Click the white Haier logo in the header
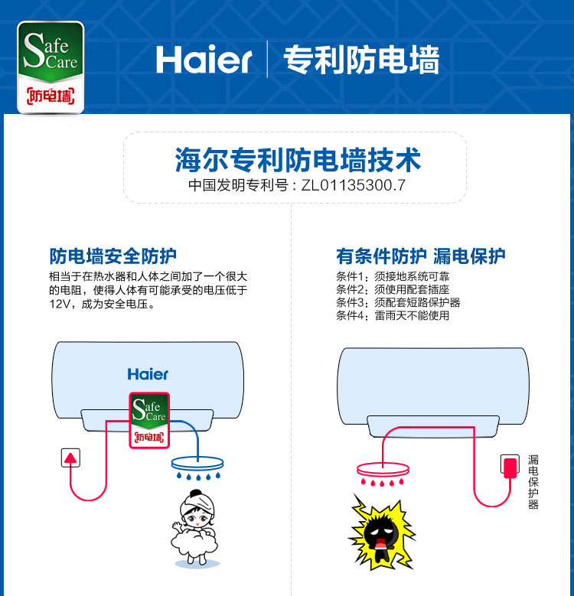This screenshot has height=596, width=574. click(x=204, y=60)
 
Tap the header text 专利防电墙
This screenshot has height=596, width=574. click(x=361, y=60)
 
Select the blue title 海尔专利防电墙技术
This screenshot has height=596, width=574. click(x=298, y=160)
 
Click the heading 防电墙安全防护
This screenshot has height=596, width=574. click(x=113, y=256)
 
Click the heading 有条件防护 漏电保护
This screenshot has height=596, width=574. click(x=421, y=256)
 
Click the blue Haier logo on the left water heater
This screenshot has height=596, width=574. click(x=148, y=374)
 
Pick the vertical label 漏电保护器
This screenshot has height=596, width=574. click(x=533, y=482)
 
